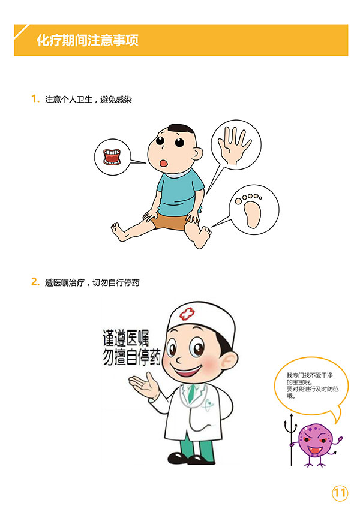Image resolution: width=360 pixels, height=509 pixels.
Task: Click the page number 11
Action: tap(340, 493)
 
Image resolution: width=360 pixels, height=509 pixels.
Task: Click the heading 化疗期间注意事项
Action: tap(88, 41)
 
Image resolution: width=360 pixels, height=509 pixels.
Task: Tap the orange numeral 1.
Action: tap(35, 99)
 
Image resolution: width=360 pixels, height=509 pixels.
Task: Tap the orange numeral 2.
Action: tap(35, 281)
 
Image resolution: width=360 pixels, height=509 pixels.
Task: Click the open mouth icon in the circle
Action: tap(112, 156)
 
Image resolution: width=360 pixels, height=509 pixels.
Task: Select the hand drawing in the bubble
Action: tap(234, 145)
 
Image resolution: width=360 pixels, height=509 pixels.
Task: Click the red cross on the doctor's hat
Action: tap(187, 314)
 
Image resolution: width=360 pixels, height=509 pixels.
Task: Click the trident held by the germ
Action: tap(291, 440)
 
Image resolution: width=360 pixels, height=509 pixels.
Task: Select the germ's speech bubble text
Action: tap(313, 385)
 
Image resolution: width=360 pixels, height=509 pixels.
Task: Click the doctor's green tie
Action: tap(191, 393)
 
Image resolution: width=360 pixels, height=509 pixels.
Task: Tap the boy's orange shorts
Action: tap(169, 221)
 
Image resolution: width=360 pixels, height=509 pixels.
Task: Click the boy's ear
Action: tap(197, 153)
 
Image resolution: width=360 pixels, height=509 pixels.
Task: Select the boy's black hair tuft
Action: tap(181, 128)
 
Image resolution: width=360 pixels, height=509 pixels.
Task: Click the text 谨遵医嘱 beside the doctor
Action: tap(126, 338)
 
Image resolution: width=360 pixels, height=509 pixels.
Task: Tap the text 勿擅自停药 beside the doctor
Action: tap(131, 357)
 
